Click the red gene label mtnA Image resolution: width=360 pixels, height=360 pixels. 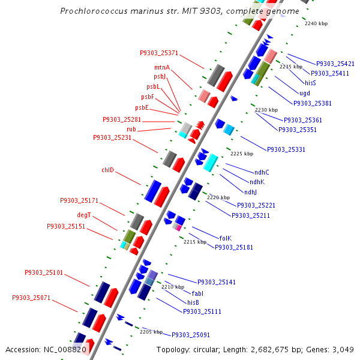[162, 67]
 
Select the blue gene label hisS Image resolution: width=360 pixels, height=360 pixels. [310, 83]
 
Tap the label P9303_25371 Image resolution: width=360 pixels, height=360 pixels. [159, 53]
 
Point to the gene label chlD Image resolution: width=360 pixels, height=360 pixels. [107, 170]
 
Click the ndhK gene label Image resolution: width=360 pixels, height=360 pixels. [257, 182]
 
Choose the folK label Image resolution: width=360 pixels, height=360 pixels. [226, 238]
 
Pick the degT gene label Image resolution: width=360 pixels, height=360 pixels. [84, 215]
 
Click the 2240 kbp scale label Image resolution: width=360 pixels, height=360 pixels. [316, 23]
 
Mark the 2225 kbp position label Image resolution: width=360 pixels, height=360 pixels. [242, 154]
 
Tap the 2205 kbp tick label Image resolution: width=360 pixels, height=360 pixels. [151, 332]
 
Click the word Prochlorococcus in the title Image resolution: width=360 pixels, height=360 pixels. [94, 11]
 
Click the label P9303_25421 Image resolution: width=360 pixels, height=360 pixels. [335, 64]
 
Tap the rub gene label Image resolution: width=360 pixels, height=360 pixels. [131, 129]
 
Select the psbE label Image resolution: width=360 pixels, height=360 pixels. [142, 107]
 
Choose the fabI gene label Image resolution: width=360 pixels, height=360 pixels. [197, 293]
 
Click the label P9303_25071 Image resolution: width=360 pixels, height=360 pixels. [31, 298]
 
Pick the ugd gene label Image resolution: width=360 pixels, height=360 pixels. [305, 93]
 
